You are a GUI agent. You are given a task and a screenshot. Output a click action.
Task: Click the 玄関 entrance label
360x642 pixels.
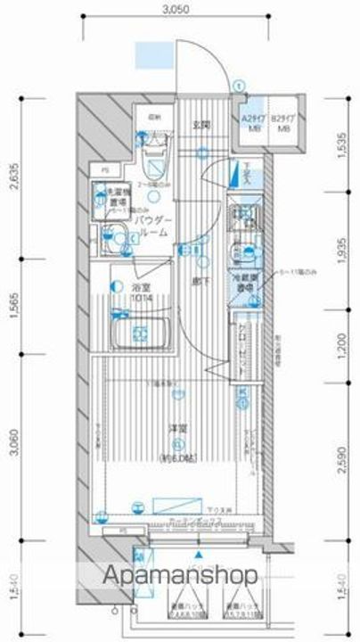click(200, 124)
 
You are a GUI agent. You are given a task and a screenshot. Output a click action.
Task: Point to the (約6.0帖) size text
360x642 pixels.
click(179, 458)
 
